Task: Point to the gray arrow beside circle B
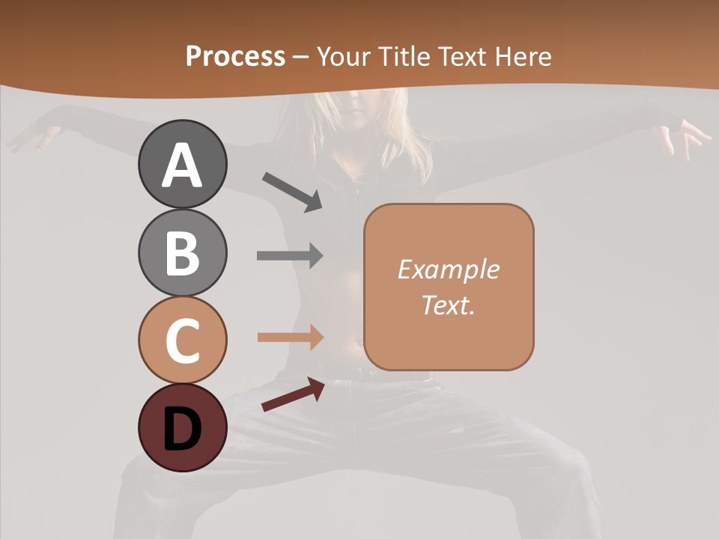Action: pos(290,255)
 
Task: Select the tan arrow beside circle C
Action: pos(290,337)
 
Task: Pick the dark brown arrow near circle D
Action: pos(293,395)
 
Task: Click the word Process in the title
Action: pos(235,56)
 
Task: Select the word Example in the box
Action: pos(448,269)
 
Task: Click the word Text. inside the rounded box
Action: pos(448,305)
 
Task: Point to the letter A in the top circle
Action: pos(182,165)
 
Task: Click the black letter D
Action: pos(182,429)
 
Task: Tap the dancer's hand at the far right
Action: pos(685,138)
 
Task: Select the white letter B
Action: pos(182,253)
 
